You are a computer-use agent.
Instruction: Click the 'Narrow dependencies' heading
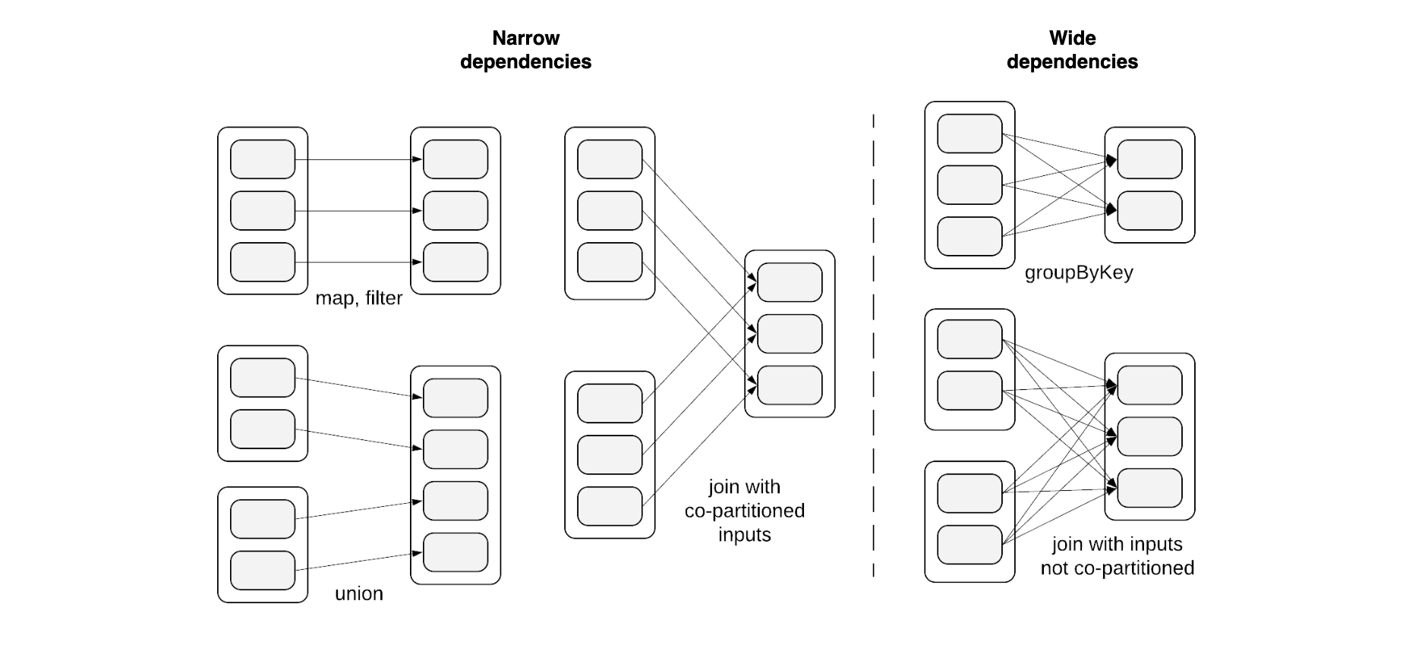(x=525, y=50)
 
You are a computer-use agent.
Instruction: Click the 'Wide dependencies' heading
(x=1072, y=50)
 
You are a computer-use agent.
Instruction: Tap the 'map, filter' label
(x=358, y=298)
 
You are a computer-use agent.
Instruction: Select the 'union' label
(x=358, y=593)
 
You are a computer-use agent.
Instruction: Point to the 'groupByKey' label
(x=1078, y=272)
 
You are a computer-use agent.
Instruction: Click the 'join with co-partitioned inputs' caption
(x=744, y=511)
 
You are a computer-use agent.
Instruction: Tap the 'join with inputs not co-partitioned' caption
(x=1117, y=556)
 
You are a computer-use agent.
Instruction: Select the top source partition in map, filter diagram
(x=263, y=159)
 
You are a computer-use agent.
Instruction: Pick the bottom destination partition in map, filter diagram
(x=456, y=262)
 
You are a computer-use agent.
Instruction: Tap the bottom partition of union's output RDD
(x=456, y=552)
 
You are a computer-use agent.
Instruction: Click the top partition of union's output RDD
(x=456, y=398)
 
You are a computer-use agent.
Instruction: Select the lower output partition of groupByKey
(x=1149, y=210)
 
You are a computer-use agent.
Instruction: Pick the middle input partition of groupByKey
(x=969, y=184)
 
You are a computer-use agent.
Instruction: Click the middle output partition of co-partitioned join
(x=790, y=334)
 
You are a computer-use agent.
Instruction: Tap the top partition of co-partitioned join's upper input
(x=610, y=159)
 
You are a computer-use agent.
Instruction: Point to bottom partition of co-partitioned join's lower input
(x=610, y=506)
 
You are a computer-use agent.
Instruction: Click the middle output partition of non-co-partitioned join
(x=1149, y=436)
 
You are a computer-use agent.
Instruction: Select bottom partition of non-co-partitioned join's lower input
(x=969, y=545)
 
